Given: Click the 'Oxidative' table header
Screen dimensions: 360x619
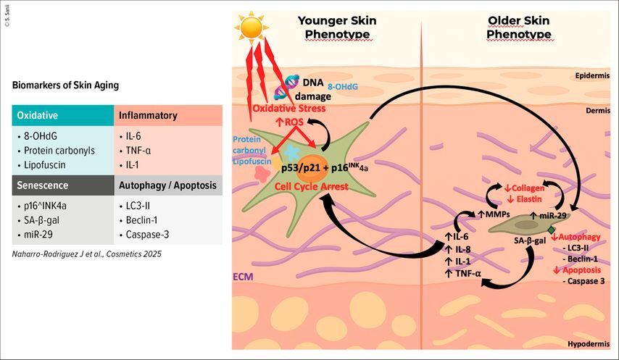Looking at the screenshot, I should pyautogui.click(x=38, y=116).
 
